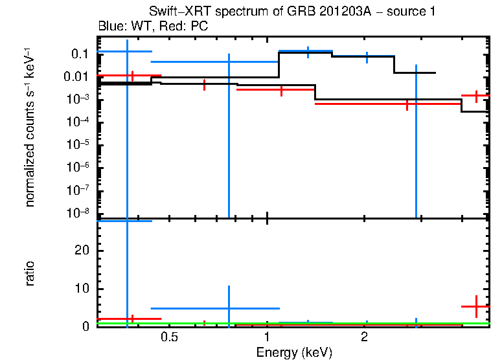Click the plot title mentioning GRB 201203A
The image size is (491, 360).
click(292, 11)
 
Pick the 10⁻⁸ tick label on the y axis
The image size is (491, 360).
click(78, 212)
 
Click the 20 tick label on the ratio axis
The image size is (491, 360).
click(82, 251)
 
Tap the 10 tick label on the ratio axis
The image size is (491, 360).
click(82, 289)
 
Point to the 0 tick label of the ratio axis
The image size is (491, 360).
click(85, 326)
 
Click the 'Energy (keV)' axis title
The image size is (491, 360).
click(294, 352)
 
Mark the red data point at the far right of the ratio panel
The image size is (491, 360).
click(476, 306)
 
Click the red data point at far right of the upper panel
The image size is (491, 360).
click(476, 96)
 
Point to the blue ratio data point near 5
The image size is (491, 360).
click(229, 308)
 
